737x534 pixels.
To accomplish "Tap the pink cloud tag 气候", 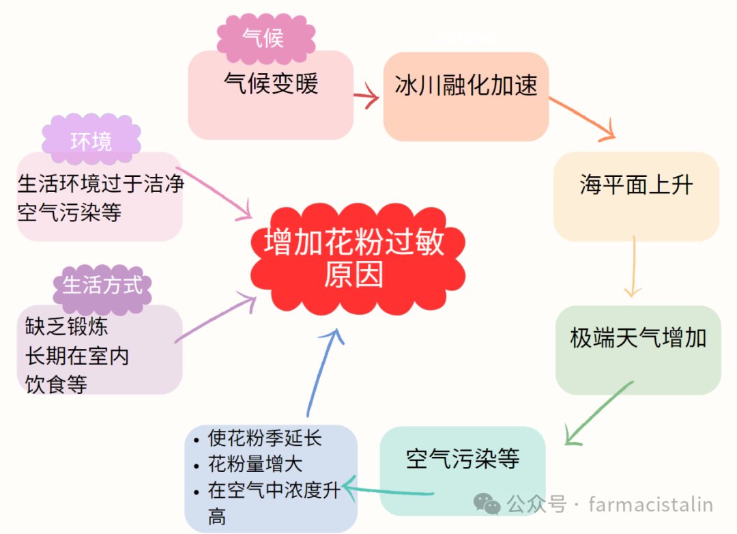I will pos(264,37).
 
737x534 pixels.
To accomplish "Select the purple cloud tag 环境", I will pos(91,141).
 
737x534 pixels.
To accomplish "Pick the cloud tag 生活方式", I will pos(102,284).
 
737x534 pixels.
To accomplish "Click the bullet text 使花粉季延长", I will pos(264,438).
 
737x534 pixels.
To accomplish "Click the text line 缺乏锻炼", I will pos(67,326).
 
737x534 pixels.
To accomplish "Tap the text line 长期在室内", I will pos(77,355).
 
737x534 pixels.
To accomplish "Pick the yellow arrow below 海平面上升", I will pos(634,266).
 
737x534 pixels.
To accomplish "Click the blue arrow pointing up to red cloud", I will pos(322,372).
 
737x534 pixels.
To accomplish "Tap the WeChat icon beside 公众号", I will pos(487,505).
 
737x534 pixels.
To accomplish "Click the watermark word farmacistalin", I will pos(650,505).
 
